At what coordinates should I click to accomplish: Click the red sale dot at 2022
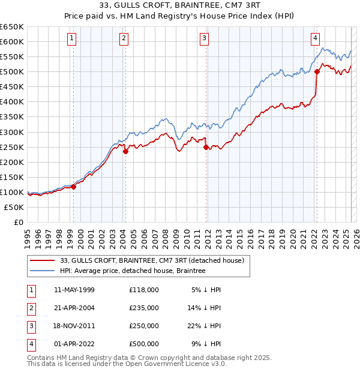coord(317,72)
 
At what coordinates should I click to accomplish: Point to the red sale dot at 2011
coord(206,147)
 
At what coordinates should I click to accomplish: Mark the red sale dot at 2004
coord(125,151)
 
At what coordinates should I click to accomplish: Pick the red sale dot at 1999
coord(74,187)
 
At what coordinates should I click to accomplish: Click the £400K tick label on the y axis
coord(12,101)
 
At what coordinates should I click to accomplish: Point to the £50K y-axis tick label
coord(14,207)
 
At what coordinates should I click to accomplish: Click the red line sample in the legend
coord(42,261)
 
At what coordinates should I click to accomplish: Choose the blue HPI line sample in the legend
coord(42,271)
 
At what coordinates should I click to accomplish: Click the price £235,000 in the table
coord(143,308)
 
